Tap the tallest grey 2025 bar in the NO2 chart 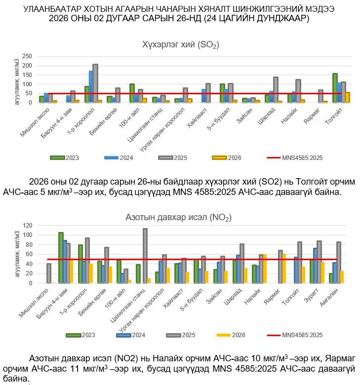point(145,256)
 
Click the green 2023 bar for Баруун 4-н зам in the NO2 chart point(61,258)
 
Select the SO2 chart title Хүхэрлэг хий point(180,45)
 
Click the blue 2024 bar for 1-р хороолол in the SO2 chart point(91,86)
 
